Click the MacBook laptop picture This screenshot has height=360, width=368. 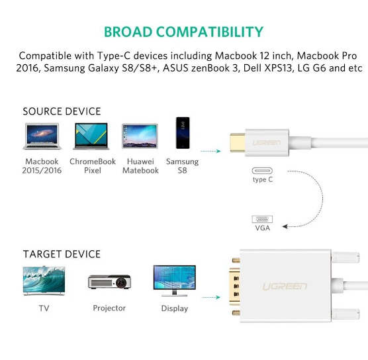click(42, 136)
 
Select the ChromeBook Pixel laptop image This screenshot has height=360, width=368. click(91, 136)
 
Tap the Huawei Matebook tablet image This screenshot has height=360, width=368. click(140, 136)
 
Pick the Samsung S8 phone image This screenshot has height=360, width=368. click(183, 133)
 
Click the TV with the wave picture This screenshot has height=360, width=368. click(44, 281)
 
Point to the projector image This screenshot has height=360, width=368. click(109, 282)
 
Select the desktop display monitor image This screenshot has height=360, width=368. click(174, 281)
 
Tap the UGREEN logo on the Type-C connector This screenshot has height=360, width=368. click(267, 143)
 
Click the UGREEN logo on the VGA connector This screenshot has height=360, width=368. click(285, 287)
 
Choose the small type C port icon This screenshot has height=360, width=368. click(262, 171)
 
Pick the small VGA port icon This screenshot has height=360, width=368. click(262, 219)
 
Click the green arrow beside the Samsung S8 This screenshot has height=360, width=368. click(210, 151)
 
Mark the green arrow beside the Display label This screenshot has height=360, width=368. click(211, 297)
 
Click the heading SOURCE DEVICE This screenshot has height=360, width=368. click(62, 111)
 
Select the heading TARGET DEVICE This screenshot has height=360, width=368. click(62, 254)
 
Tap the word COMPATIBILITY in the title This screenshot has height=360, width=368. click(210, 32)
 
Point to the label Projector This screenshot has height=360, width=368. click(109, 308)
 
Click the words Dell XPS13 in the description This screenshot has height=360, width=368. click(267, 68)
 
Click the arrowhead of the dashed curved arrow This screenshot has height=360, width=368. click(285, 226)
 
